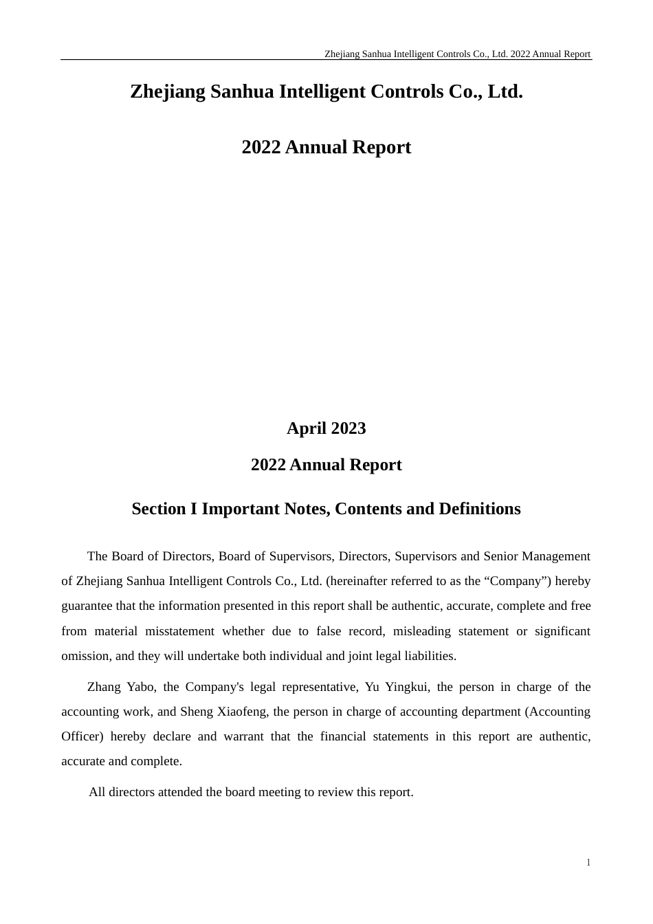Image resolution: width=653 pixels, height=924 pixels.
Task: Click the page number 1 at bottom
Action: coord(588,863)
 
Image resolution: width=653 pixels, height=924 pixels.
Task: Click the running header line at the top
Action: coord(457,54)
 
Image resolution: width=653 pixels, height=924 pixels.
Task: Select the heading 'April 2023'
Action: coord(326,428)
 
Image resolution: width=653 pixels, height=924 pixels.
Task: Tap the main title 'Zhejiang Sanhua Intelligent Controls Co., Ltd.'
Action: coord(326,91)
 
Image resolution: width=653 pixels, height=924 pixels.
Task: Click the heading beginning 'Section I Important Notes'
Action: coord(326,509)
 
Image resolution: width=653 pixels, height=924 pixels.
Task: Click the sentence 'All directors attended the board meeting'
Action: coord(251,792)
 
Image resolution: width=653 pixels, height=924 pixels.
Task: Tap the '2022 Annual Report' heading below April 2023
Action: coord(326,465)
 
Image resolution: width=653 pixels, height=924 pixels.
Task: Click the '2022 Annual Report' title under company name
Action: coord(326,147)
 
